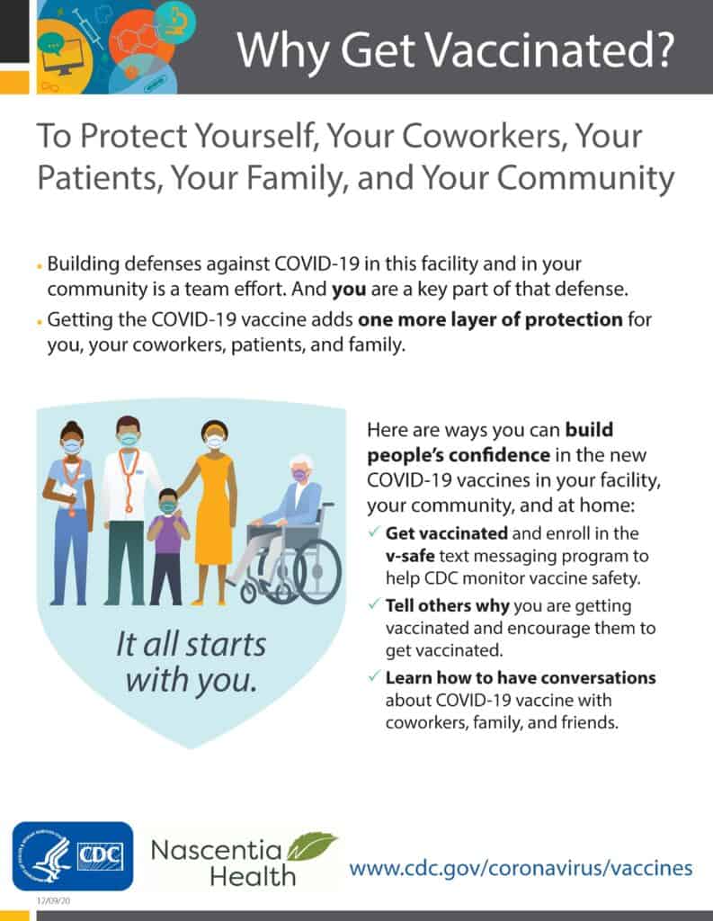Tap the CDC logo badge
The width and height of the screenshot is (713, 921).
pyautogui.click(x=73, y=856)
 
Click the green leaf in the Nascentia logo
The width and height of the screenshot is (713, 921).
pyautogui.click(x=311, y=845)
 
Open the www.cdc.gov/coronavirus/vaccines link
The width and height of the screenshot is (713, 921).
pyautogui.click(x=521, y=868)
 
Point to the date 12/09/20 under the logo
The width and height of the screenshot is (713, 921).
pyautogui.click(x=53, y=900)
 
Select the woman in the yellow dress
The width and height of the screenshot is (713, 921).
pyautogui.click(x=212, y=512)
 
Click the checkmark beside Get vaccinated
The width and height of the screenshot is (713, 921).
pyautogui.click(x=373, y=532)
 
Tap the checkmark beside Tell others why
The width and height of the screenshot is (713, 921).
pyautogui.click(x=373, y=604)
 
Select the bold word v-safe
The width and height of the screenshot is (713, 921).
pyautogui.click(x=410, y=556)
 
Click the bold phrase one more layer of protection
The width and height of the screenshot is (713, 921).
pyautogui.click(x=490, y=319)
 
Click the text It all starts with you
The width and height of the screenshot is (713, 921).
pyautogui.click(x=191, y=662)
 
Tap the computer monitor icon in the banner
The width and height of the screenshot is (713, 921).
pyautogui.click(x=63, y=56)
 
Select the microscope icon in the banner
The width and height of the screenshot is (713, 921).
pyautogui.click(x=175, y=20)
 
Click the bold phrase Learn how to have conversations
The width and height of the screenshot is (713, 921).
pyautogui.click(x=521, y=678)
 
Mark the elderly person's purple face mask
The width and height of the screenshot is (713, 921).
pyautogui.click(x=299, y=475)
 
